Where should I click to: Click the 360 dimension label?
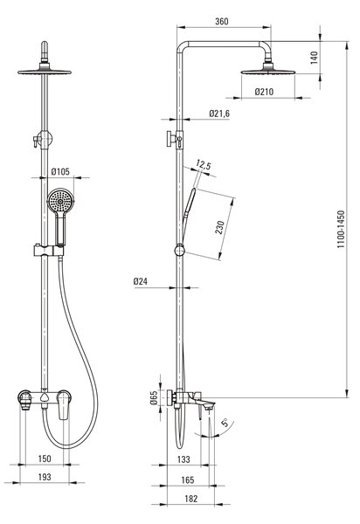point(222,21)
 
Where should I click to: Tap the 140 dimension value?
point(315,58)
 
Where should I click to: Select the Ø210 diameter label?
point(264,92)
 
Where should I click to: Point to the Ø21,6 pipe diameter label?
point(219,114)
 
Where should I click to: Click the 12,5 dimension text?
point(204,165)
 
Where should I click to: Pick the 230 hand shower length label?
point(219,227)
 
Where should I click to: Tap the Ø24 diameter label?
point(141,281)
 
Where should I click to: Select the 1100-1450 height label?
point(341,229)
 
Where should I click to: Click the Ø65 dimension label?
point(154,397)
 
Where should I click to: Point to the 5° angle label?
point(225,423)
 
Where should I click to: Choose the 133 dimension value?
point(183,459)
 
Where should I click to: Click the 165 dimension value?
point(188,480)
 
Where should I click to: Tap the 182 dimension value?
point(191,499)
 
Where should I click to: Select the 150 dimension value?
point(45,458)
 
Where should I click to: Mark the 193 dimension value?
point(45,477)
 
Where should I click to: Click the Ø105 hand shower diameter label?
point(60,172)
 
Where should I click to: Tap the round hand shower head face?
point(60,201)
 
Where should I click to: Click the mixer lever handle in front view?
point(64,405)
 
